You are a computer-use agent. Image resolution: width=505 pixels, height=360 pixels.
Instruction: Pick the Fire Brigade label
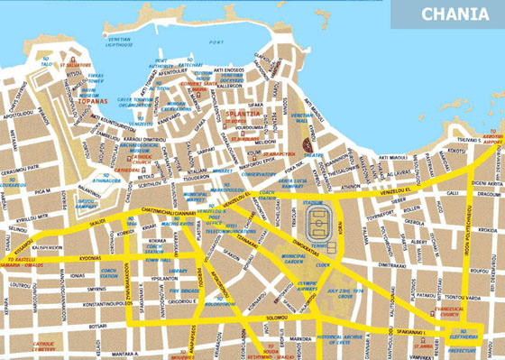click(x=181, y=291)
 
